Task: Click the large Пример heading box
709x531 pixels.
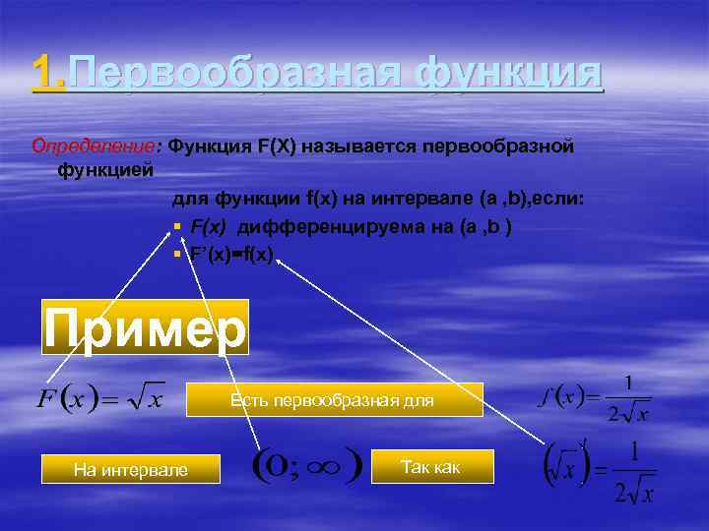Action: [145, 328]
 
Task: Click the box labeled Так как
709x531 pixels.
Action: [430, 467]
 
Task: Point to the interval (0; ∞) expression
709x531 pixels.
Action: [306, 462]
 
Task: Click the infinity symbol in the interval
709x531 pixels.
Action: [324, 463]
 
